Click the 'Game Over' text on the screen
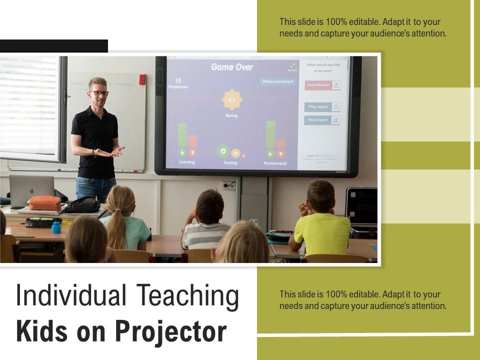point(232,67)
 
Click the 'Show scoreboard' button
point(278,81)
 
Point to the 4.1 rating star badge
point(231,100)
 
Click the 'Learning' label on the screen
point(187,162)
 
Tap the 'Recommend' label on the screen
point(274,163)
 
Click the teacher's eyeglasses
point(99,93)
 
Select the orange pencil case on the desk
point(44,203)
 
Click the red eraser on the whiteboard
point(142,79)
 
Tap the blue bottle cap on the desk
point(56,227)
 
